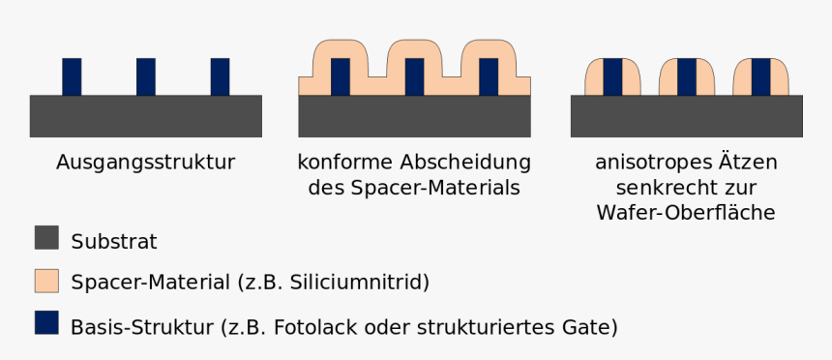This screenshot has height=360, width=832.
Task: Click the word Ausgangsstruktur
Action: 146,162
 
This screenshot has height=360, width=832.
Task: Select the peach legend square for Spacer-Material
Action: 46,281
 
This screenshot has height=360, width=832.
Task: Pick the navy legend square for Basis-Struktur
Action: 46,322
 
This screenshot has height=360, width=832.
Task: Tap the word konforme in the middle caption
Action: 341,162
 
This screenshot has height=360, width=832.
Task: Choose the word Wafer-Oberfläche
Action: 687,212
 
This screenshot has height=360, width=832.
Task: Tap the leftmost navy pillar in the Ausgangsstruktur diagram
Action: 73,76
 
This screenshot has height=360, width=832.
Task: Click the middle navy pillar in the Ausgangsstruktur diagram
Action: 146,76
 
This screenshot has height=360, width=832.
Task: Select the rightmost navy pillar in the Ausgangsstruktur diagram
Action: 220,76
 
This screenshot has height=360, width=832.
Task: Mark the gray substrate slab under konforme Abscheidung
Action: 414,115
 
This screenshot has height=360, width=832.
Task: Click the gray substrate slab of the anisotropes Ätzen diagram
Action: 687,115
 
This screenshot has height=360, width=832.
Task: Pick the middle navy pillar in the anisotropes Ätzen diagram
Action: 687,76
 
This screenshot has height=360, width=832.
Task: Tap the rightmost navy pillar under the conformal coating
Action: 488,76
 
